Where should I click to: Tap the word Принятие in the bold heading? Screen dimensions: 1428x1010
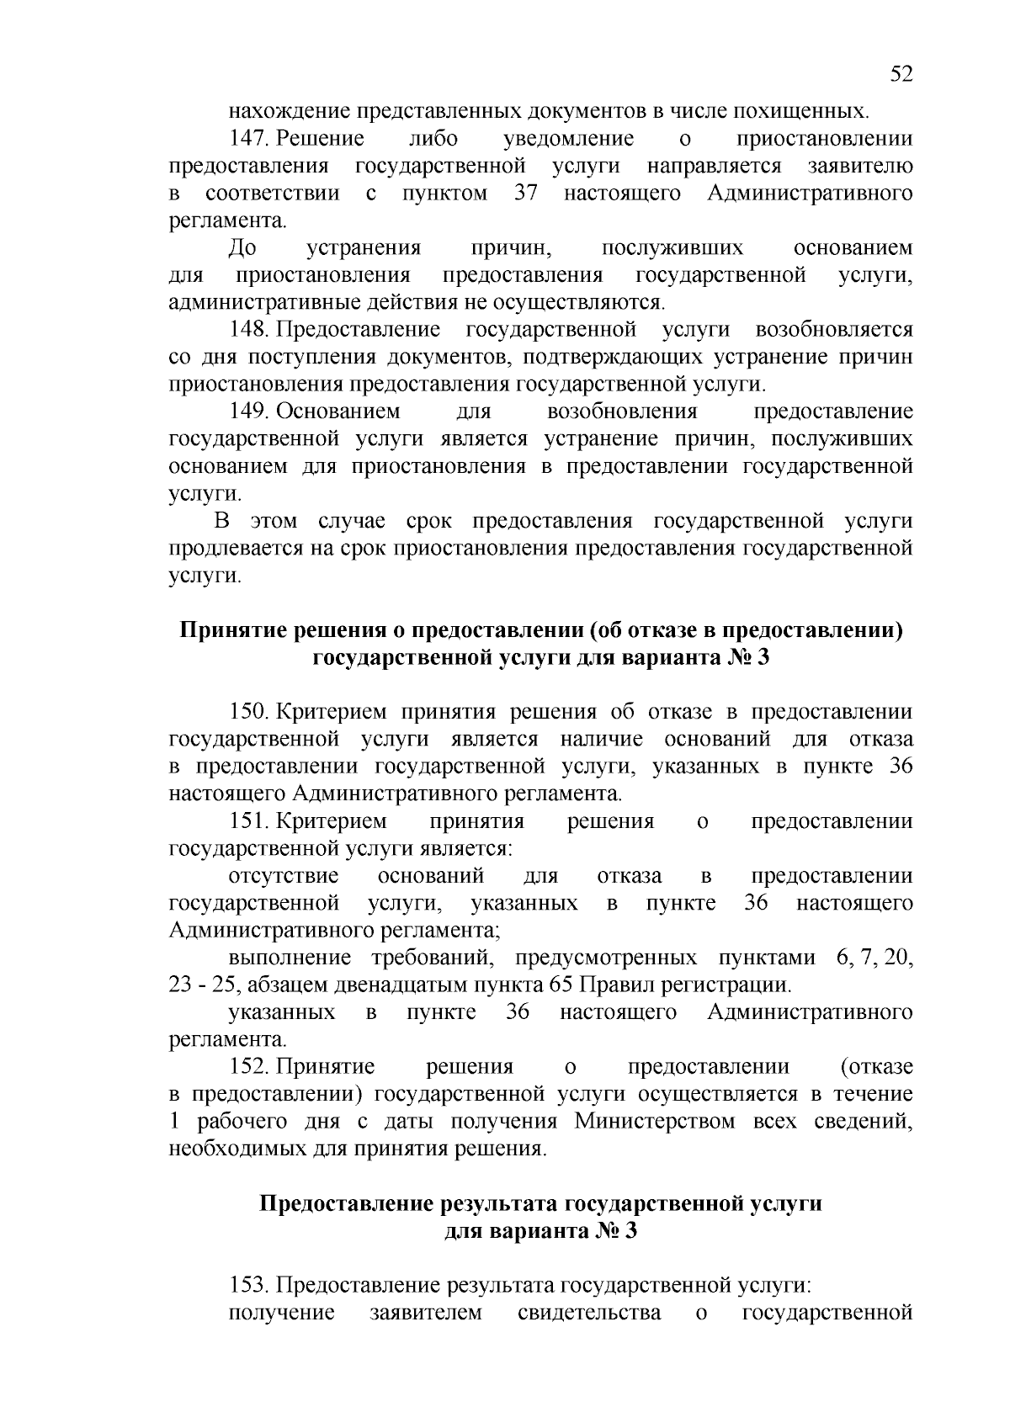229,630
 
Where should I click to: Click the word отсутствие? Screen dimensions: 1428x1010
284,876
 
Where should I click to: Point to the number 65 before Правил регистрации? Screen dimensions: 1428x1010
561,985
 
